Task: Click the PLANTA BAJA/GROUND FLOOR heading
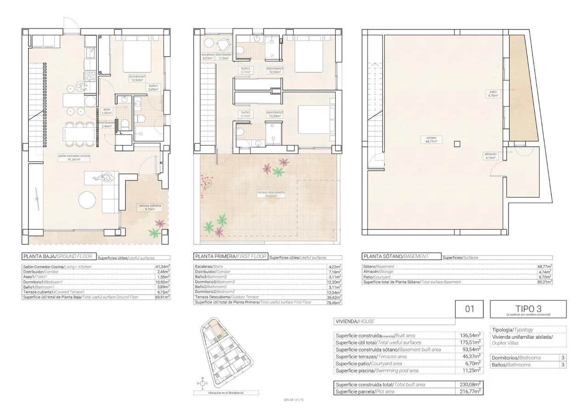pyautogui.click(x=58, y=257)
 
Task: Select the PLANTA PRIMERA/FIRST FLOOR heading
pyautogui.click(x=231, y=257)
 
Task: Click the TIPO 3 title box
pyautogui.click(x=528, y=309)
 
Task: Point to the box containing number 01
pyautogui.click(x=469, y=309)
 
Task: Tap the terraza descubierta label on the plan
pyautogui.click(x=271, y=194)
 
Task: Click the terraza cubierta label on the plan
pyautogui.click(x=150, y=207)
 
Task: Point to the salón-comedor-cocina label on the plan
pyautogui.click(x=74, y=157)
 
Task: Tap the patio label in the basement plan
pyautogui.click(x=493, y=93)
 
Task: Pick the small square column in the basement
pyautogui.click(x=456, y=144)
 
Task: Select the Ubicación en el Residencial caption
pyautogui.click(x=226, y=393)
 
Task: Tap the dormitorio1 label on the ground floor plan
pyautogui.click(x=137, y=78)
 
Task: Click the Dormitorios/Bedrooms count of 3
pyautogui.click(x=562, y=358)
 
